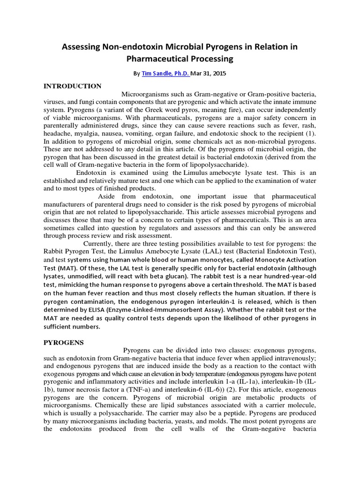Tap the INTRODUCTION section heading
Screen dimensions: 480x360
pos(72,86)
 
